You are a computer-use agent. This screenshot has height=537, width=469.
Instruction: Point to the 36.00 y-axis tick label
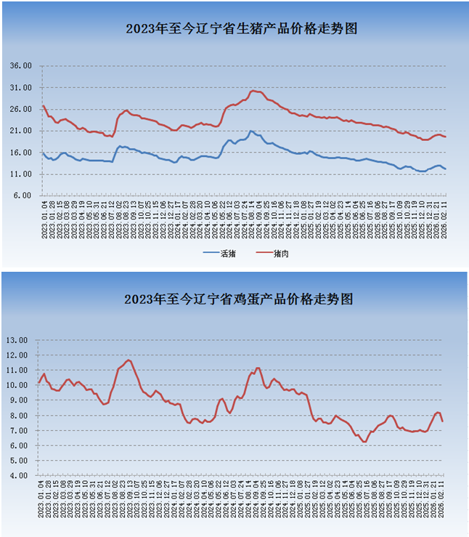pyautogui.click(x=21, y=65)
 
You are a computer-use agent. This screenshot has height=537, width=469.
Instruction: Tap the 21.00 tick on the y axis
pyautogui.click(x=21, y=131)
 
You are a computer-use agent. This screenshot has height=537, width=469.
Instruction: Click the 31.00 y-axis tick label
pyautogui.click(x=21, y=87)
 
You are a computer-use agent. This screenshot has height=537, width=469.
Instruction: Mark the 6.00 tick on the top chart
pyautogui.click(x=23, y=196)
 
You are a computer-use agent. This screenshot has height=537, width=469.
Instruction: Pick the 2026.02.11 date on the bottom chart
pyautogui.click(x=442, y=498)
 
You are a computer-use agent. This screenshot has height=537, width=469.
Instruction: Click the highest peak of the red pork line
pyautogui.click(x=253, y=91)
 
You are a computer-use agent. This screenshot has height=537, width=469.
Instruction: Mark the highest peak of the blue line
pyautogui.click(x=250, y=132)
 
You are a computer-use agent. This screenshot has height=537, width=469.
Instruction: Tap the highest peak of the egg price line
pyautogui.click(x=129, y=360)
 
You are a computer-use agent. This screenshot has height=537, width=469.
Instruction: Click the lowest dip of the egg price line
pyautogui.click(x=364, y=441)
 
